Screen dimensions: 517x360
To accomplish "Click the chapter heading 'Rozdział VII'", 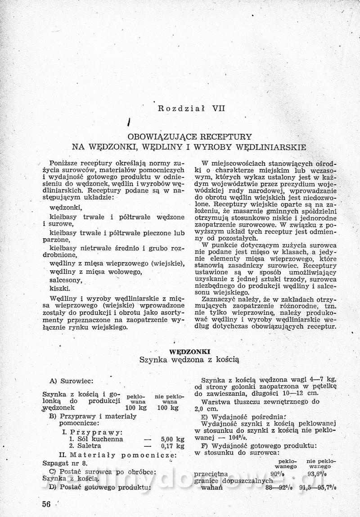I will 185,108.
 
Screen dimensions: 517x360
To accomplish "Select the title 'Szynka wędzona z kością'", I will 189,360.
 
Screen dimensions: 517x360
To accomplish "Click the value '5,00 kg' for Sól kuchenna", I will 172,439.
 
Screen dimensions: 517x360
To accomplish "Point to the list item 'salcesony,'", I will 66,280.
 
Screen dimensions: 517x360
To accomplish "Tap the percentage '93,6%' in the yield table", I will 317,474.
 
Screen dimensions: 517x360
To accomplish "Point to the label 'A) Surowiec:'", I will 72,381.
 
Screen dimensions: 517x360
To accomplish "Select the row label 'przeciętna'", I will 211,474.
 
